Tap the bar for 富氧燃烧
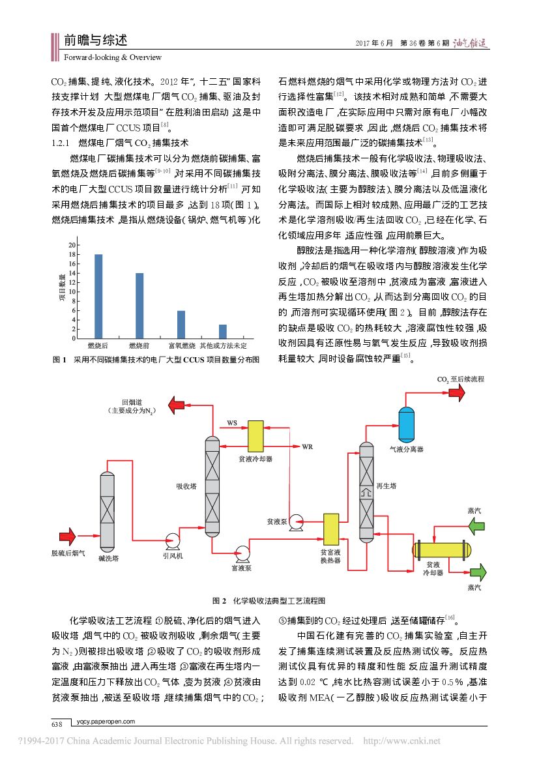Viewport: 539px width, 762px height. (x=181, y=324)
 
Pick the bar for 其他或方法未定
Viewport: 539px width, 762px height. (x=223, y=331)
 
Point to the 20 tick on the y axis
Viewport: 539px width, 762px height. (x=73, y=244)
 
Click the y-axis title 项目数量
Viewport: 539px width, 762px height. (x=63, y=289)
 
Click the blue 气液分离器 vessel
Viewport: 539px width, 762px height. (x=406, y=422)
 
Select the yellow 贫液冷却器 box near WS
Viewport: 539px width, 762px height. (x=254, y=437)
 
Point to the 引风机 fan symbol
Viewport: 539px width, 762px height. (x=173, y=540)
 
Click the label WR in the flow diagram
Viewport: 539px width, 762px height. (x=308, y=447)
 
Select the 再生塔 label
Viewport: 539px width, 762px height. (x=384, y=486)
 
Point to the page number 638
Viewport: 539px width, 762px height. (x=57, y=724)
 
